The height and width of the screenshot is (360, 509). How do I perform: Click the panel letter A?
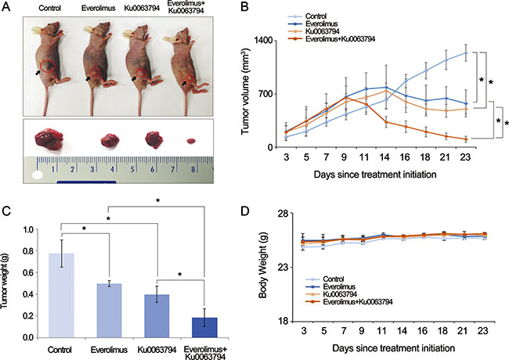[9, 9]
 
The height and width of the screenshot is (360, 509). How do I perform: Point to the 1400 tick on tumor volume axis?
[262, 40]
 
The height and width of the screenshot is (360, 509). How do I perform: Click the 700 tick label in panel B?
[265, 94]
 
